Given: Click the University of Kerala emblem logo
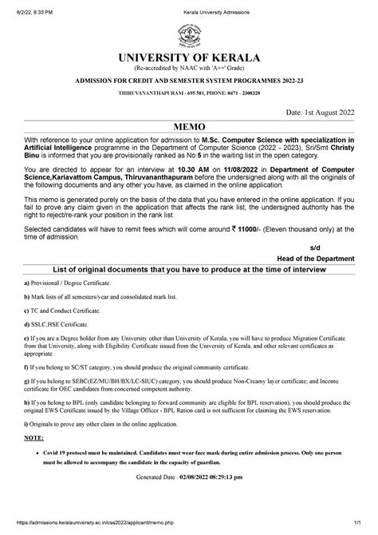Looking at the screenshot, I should pos(189,36).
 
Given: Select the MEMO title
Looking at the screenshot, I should pos(190,127).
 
